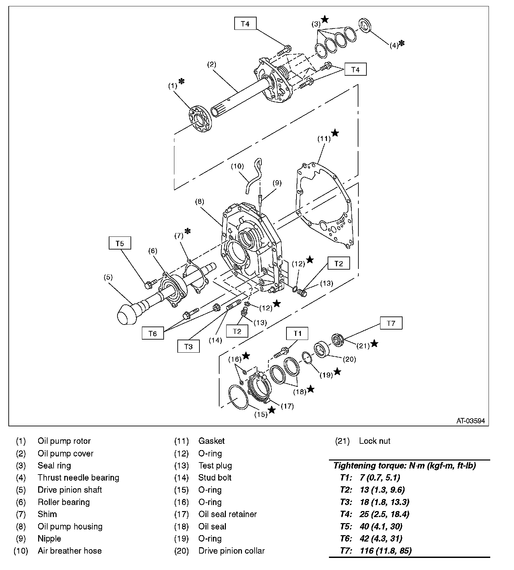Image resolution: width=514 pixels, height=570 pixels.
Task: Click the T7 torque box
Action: (391, 323)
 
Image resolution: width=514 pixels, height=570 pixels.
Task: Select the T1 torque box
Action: (297, 333)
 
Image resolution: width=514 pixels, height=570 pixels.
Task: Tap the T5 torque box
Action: (119, 243)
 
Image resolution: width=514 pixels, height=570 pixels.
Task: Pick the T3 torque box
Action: (188, 347)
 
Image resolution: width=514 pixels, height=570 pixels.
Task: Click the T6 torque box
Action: (153, 334)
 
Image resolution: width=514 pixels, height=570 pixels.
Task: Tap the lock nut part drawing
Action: (338, 341)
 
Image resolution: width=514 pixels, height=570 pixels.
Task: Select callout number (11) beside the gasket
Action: (324, 138)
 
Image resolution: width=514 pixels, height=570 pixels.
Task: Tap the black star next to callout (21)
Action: (374, 344)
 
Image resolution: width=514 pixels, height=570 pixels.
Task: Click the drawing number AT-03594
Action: (470, 421)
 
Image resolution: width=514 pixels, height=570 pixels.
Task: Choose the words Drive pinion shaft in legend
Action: (70, 490)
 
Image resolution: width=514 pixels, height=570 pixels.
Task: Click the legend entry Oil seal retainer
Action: (227, 514)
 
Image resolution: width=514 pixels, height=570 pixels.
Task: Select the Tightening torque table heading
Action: (405, 466)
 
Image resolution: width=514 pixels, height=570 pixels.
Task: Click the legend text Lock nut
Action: (374, 441)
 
